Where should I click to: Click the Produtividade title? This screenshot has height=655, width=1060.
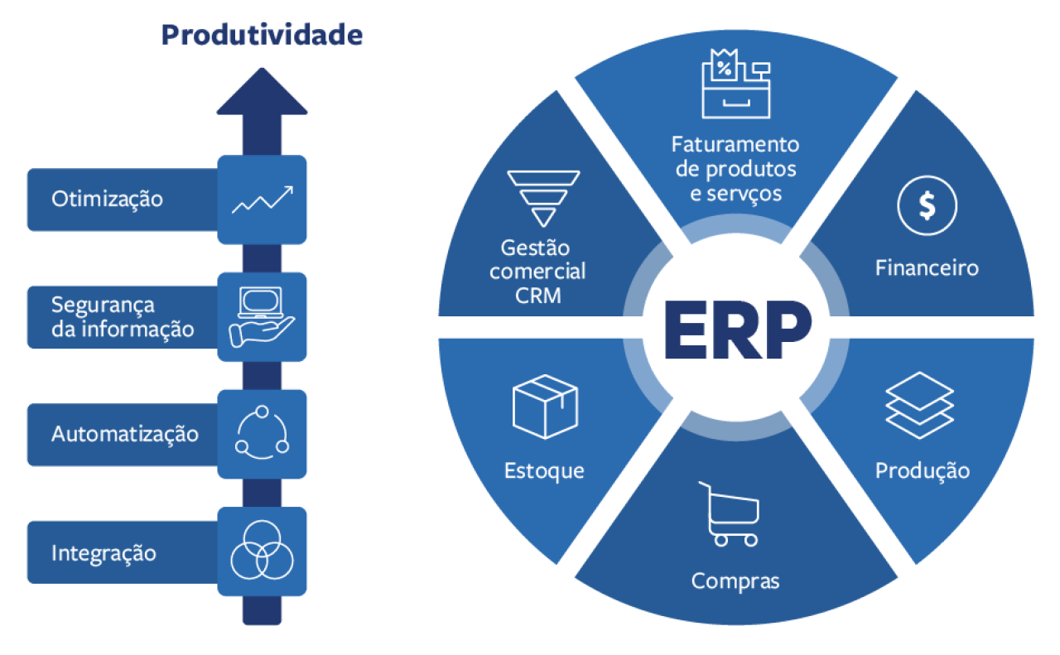click(x=261, y=35)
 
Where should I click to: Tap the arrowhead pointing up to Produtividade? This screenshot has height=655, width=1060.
click(x=262, y=93)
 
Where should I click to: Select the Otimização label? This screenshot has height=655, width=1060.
click(x=107, y=200)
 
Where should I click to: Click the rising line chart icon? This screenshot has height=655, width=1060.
click(x=262, y=200)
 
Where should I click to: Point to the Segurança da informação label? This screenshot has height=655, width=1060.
click(x=123, y=317)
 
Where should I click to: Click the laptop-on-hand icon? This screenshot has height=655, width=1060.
click(x=262, y=316)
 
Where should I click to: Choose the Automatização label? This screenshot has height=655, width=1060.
click(x=125, y=434)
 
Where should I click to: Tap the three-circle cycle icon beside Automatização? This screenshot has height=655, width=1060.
click(x=262, y=434)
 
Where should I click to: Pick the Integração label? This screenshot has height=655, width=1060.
click(x=104, y=552)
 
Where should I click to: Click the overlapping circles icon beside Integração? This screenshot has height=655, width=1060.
click(x=262, y=551)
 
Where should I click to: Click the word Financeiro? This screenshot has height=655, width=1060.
click(x=927, y=267)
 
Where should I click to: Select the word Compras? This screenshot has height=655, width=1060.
click(x=735, y=581)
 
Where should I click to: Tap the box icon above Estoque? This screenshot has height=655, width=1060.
click(x=545, y=407)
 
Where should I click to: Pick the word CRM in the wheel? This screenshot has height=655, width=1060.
click(x=537, y=295)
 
